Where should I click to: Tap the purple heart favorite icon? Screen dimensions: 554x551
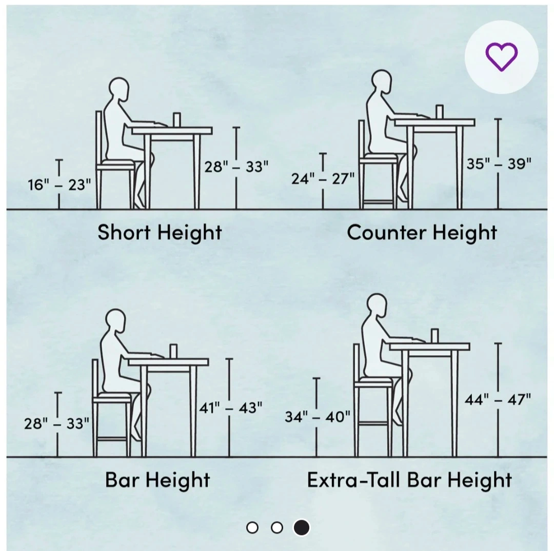click(x=501, y=57)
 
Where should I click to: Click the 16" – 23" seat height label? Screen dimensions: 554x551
click(x=60, y=185)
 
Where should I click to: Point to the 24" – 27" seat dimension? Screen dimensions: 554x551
click(x=323, y=179)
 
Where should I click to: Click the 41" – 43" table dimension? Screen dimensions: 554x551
click(x=230, y=408)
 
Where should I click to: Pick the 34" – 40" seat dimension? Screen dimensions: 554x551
click(x=318, y=417)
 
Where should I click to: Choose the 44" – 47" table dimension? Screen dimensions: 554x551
click(x=498, y=400)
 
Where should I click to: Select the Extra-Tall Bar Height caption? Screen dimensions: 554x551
click(x=409, y=480)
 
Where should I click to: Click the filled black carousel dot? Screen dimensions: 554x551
click(x=302, y=528)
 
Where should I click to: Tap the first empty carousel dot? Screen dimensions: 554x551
click(x=252, y=528)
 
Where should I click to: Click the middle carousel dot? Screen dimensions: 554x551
click(x=277, y=528)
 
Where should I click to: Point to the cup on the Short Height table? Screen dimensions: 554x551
click(x=176, y=120)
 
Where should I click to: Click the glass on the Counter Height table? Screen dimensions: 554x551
click(x=440, y=112)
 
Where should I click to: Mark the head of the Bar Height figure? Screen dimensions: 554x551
click(x=116, y=320)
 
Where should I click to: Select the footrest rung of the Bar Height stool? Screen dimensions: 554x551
click(x=112, y=439)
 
